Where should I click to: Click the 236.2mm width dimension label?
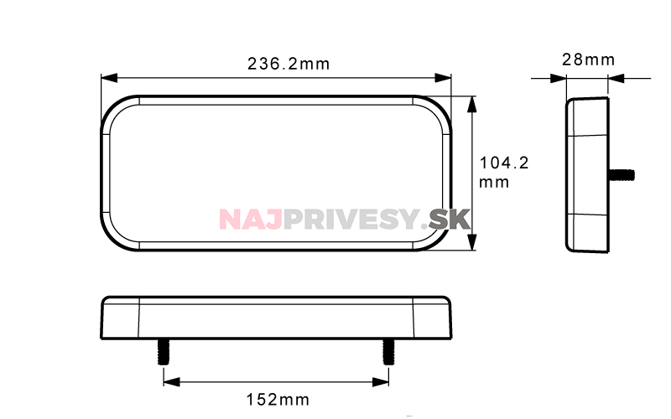pos(289,65)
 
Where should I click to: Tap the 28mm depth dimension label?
pos(589,59)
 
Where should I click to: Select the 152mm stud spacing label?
pos(278,400)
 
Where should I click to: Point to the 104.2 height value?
pos(504,163)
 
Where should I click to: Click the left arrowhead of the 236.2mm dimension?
pos(109,78)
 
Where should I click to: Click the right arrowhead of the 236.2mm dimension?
pos(443,78)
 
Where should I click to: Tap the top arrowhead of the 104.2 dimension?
pos(471,104)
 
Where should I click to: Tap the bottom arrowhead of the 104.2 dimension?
pos(471,242)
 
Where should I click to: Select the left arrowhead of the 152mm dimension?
pos(172,382)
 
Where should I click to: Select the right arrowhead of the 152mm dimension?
pos(381,382)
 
